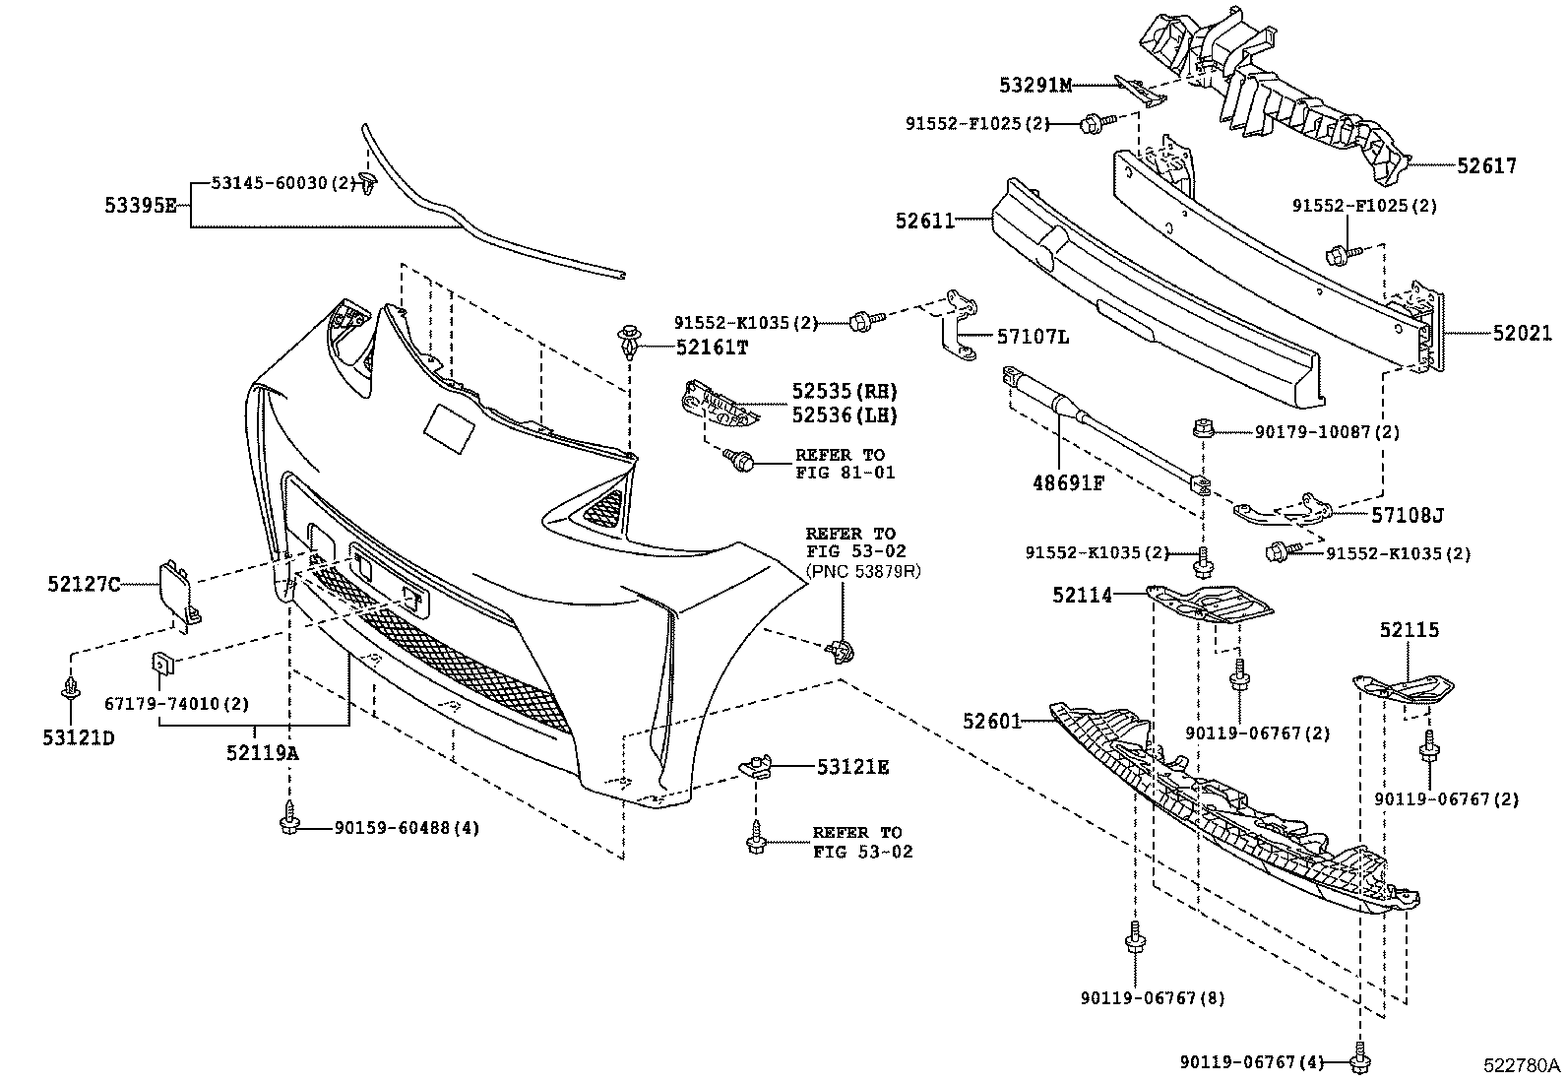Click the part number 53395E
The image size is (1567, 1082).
[140, 206]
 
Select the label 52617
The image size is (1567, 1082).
[1486, 167]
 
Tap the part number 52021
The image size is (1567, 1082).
[1521, 334]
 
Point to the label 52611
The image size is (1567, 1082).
[924, 222]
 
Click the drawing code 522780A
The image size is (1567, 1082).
[1523, 1066]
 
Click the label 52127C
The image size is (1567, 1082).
[83, 585]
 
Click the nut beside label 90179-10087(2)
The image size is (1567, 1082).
[1201, 429]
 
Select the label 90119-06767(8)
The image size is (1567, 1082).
[1153, 998]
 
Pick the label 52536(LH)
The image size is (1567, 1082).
[845, 415]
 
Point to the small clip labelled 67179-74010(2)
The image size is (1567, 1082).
[161, 667]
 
